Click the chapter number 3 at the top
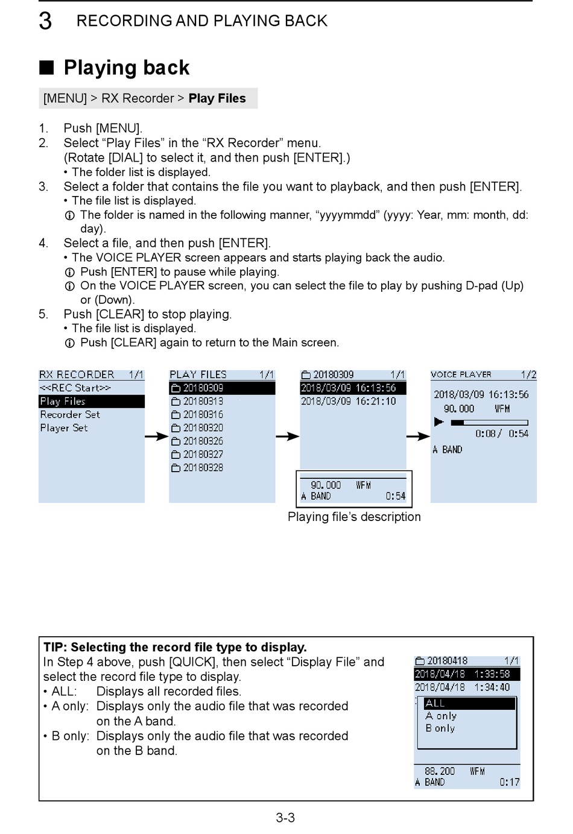click(45, 21)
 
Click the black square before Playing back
click(46, 67)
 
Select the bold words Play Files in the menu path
click(217, 98)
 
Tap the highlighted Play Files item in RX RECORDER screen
click(63, 401)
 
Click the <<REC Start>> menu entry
click(75, 388)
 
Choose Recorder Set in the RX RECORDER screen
click(70, 414)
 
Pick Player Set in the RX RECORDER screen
click(64, 428)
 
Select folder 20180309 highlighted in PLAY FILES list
click(203, 388)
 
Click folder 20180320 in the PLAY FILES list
click(203, 428)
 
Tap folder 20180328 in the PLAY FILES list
click(203, 467)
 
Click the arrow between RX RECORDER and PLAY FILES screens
click(156, 436)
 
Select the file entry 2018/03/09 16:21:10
click(348, 401)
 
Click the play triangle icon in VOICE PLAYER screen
click(438, 422)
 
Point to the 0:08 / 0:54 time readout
click(501, 434)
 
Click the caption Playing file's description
click(354, 517)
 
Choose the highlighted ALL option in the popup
click(435, 703)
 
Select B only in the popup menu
click(440, 728)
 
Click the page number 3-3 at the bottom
click(285, 818)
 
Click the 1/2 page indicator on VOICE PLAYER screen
click(528, 374)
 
